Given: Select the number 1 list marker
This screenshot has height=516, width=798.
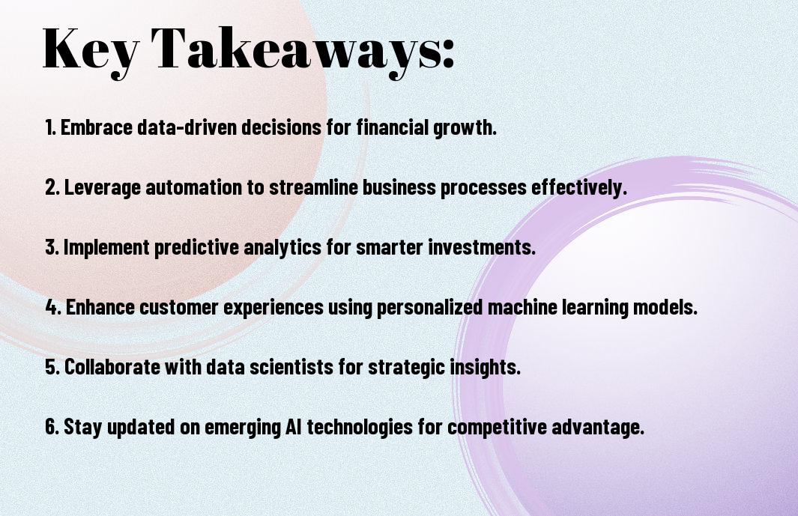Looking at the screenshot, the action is pyautogui.click(x=50, y=127).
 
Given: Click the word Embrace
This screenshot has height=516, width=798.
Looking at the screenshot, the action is pyautogui.click(x=97, y=127).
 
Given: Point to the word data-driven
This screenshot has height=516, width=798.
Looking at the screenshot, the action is pyautogui.click(x=187, y=127).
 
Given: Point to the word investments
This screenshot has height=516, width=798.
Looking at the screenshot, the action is pyautogui.click(x=482, y=248).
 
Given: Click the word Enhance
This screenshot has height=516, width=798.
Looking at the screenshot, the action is pyautogui.click(x=100, y=307).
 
